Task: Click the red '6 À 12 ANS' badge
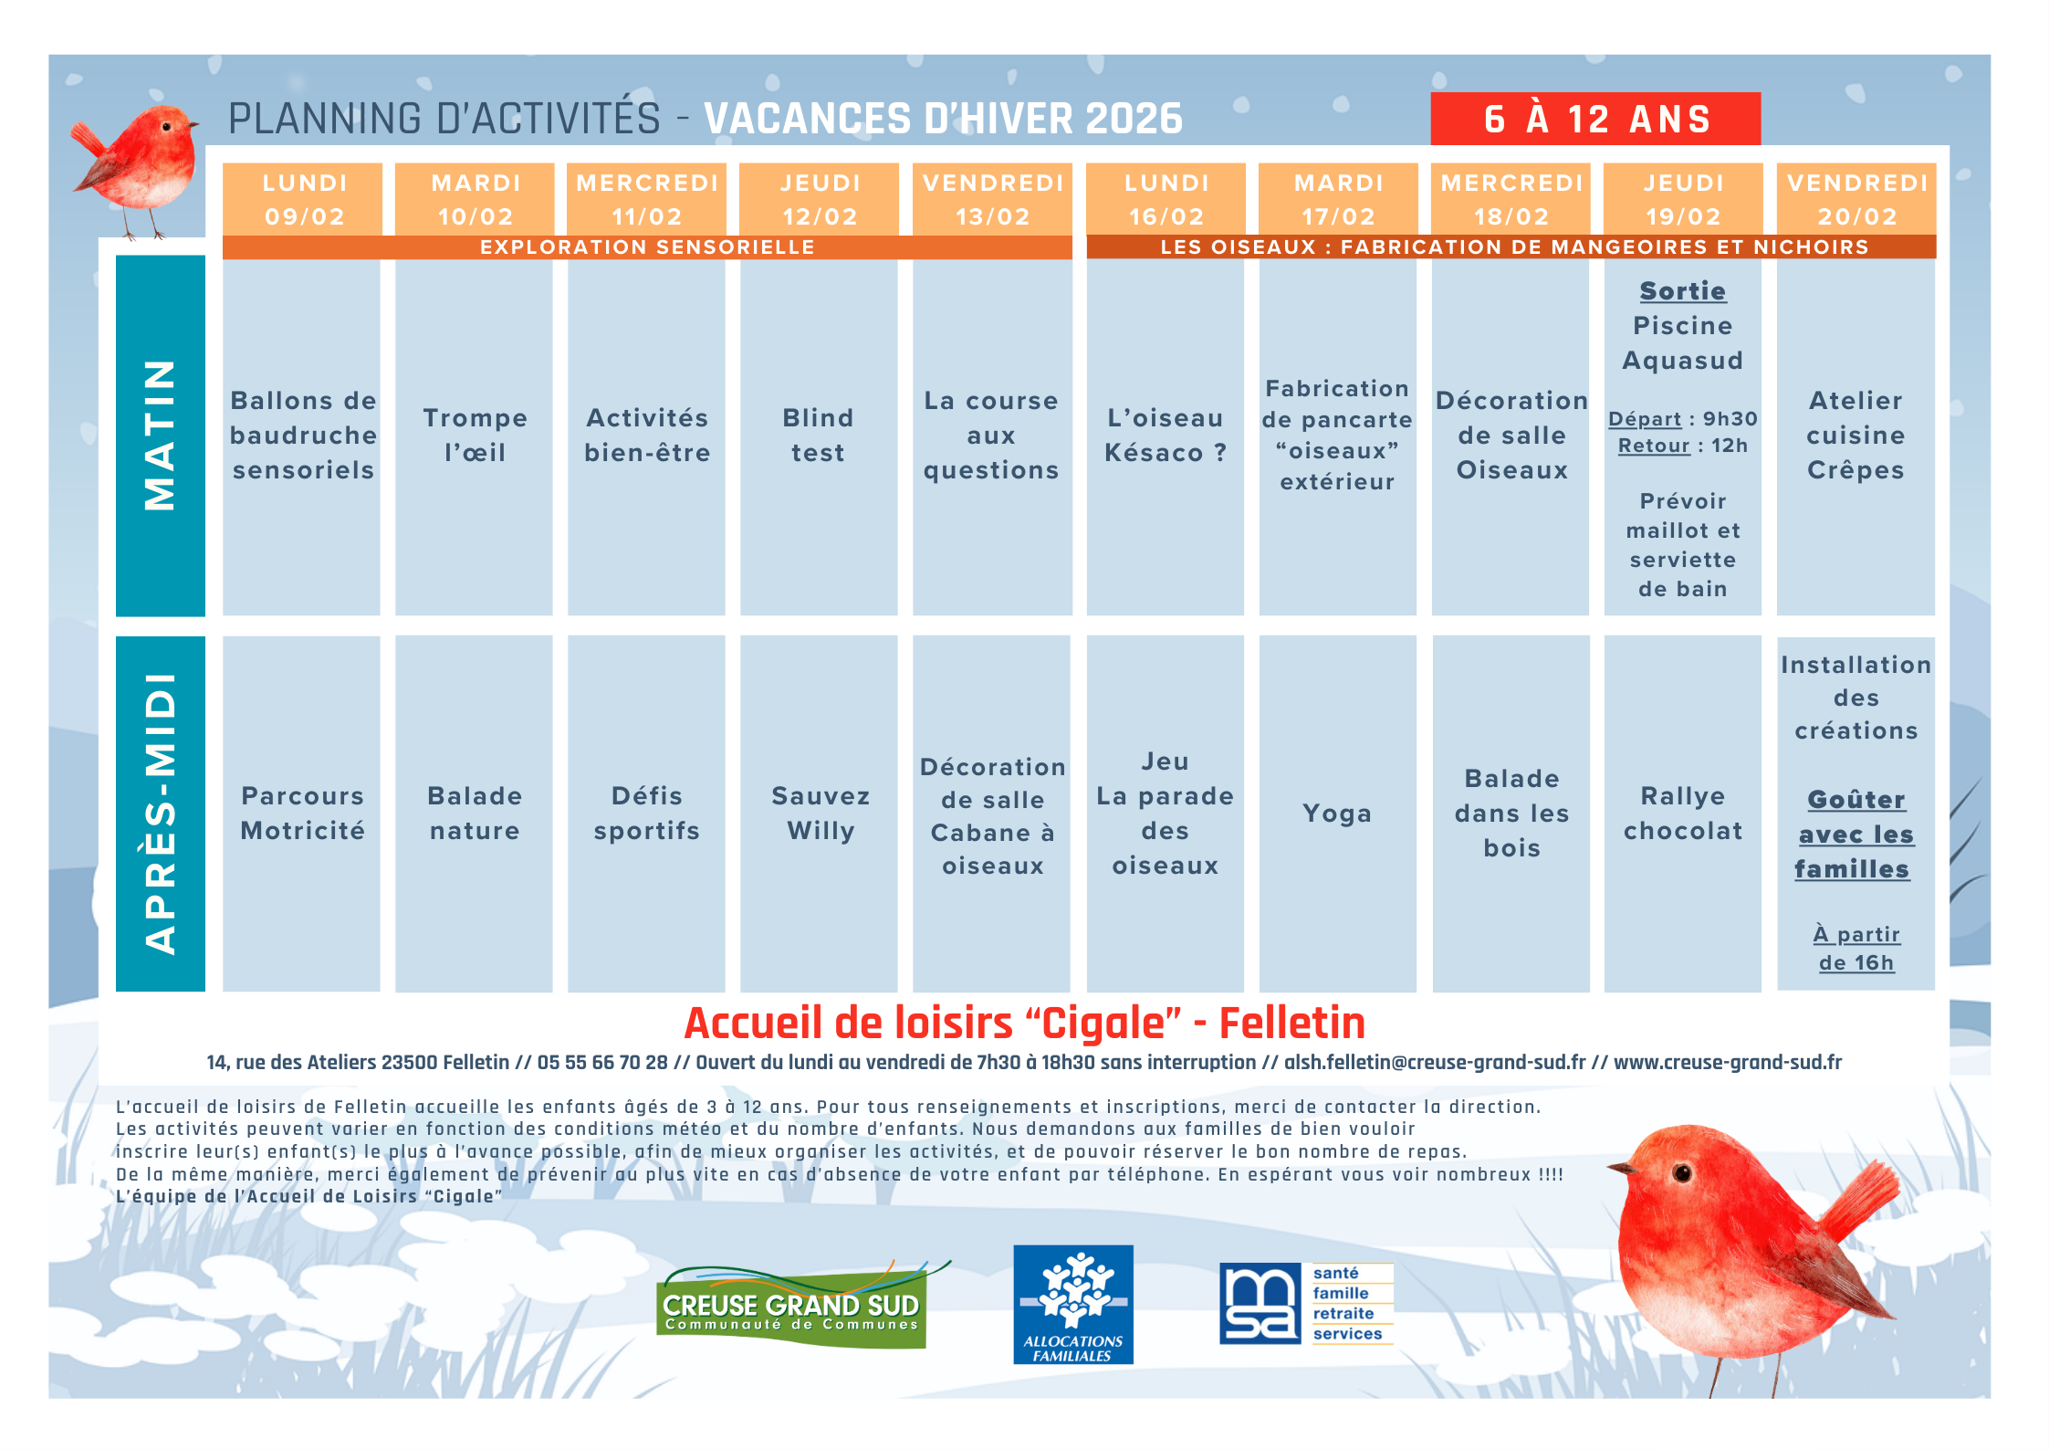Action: [x=1594, y=119]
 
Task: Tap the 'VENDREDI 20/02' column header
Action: [x=1856, y=199]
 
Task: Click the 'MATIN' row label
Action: [x=161, y=436]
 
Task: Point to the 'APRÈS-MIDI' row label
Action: [x=161, y=814]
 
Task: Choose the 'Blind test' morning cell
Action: [x=819, y=436]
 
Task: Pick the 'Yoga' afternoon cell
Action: [x=1338, y=814]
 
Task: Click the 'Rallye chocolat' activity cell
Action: [x=1683, y=814]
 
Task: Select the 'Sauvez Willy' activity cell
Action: [x=819, y=814]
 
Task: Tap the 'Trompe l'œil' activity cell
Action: [x=474, y=436]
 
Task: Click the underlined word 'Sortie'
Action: [x=1683, y=291]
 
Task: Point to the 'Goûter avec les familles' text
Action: [x=1855, y=835]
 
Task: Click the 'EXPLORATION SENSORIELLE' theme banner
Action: [x=647, y=247]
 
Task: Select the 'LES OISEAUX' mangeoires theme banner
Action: [x=1511, y=247]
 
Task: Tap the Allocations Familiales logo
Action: [x=1073, y=1305]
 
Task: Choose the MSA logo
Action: [x=1306, y=1304]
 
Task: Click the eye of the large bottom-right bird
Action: [x=1682, y=1172]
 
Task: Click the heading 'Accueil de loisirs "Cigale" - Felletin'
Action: [x=1024, y=1024]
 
